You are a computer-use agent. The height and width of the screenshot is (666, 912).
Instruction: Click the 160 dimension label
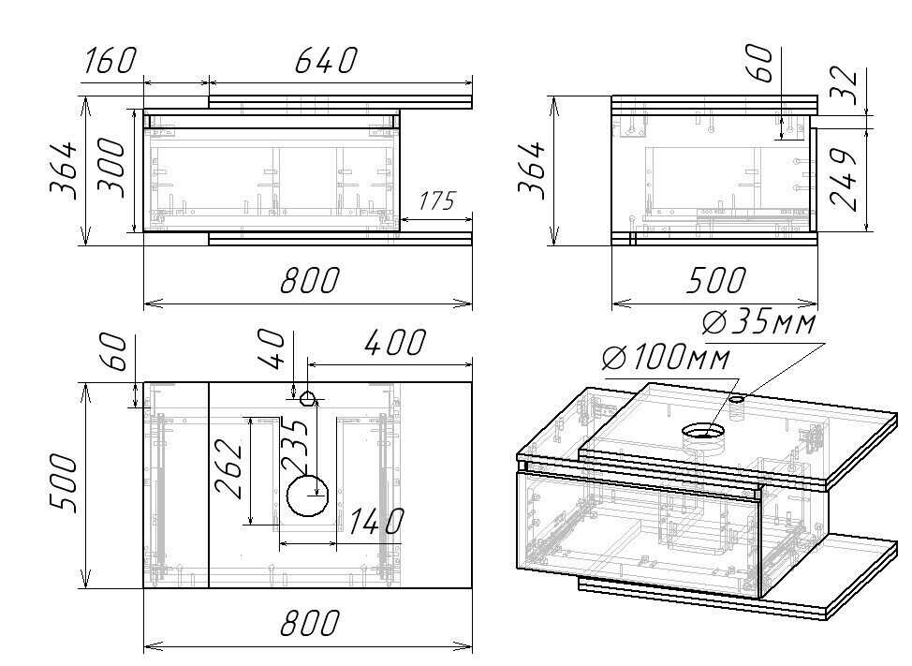(110, 61)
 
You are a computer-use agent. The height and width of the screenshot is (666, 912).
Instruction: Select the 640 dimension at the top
(326, 61)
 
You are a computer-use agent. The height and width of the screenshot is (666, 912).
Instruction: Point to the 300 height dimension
(111, 168)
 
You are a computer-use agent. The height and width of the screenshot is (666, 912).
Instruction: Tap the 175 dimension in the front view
(437, 201)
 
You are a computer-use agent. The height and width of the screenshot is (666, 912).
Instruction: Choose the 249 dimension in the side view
(844, 179)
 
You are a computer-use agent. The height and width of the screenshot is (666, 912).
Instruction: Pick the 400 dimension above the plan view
(395, 343)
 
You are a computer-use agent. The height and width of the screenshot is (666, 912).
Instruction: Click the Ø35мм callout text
(758, 323)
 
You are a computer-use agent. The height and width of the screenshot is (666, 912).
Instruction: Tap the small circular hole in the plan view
(308, 398)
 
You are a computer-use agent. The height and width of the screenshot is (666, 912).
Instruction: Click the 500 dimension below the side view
(715, 280)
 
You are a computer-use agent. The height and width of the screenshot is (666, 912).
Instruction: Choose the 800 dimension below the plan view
(309, 622)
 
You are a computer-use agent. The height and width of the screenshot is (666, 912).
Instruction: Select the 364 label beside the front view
(63, 170)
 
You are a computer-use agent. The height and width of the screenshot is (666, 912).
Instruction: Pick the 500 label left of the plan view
(63, 484)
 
